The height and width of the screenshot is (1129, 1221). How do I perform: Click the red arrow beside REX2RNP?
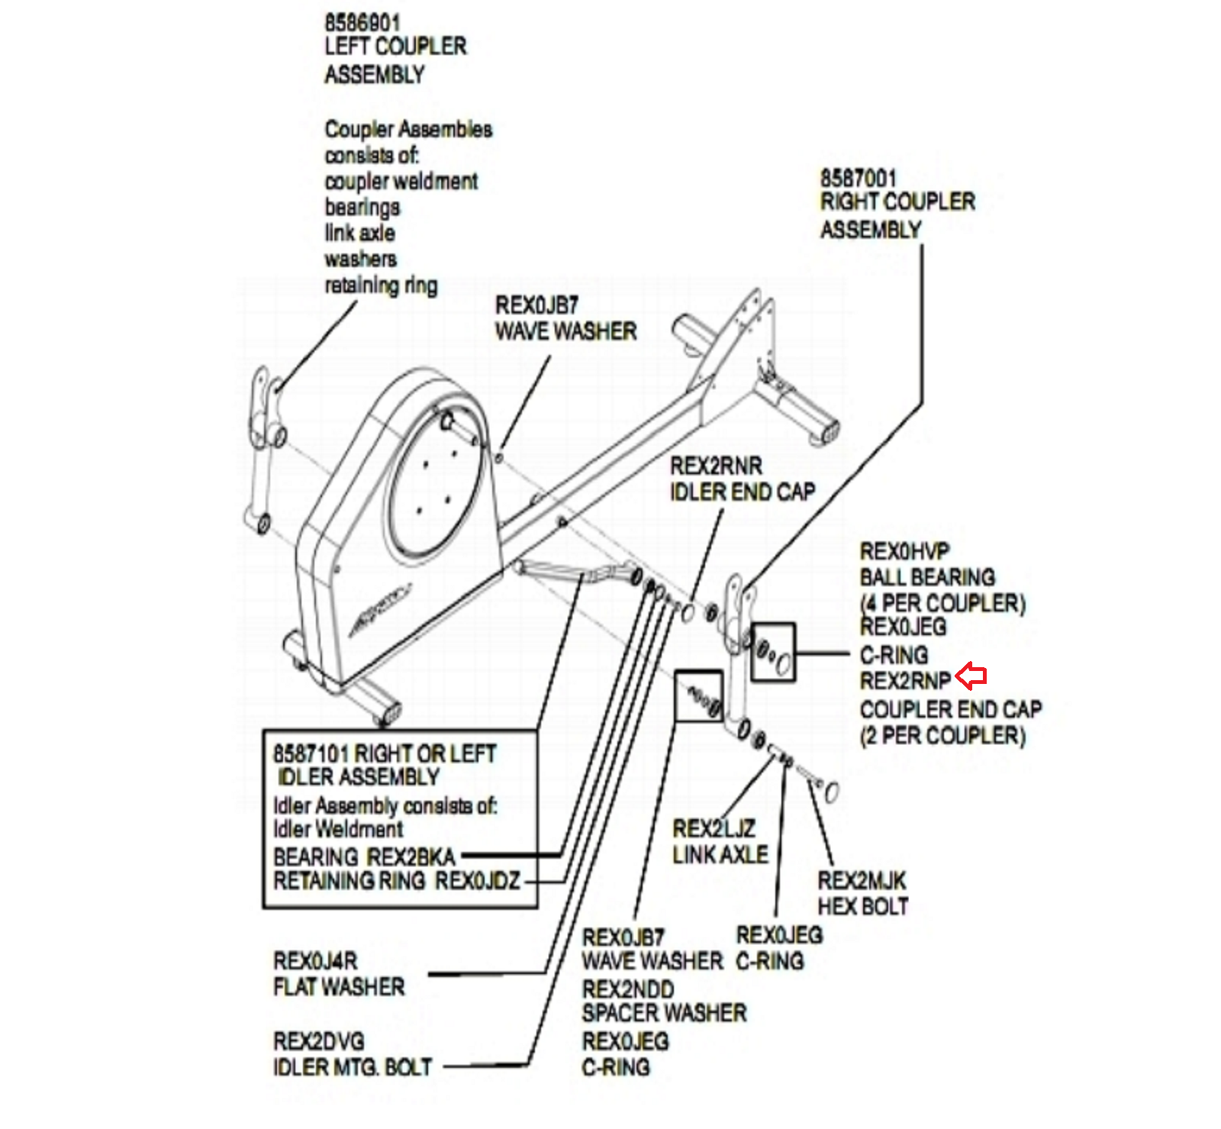(x=971, y=676)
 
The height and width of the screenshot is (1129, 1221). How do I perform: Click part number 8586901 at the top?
(x=362, y=23)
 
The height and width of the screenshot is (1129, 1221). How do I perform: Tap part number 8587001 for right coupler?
(x=858, y=179)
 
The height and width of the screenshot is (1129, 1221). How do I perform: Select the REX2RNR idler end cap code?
(x=716, y=466)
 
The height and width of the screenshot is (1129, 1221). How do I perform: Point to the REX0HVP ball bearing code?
(x=904, y=551)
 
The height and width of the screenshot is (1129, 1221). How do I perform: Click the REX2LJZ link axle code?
(x=714, y=828)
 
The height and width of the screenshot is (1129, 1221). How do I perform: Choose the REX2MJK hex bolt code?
(x=862, y=881)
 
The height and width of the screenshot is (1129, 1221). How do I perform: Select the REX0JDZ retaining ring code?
(x=478, y=881)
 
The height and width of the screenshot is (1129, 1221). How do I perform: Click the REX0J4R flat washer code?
(x=315, y=960)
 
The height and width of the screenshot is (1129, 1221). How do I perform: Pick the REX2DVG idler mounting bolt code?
(x=318, y=1041)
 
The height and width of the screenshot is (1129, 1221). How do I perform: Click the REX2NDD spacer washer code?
(x=628, y=989)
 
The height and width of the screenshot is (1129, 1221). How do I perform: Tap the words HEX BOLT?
(x=862, y=907)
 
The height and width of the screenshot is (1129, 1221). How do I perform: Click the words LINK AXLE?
(x=720, y=855)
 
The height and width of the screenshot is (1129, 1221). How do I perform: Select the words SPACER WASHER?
(x=664, y=1014)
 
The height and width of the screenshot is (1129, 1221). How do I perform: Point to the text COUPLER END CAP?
(x=950, y=710)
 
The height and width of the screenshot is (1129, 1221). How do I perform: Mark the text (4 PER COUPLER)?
(x=942, y=604)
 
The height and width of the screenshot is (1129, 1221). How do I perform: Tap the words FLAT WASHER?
(x=339, y=986)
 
